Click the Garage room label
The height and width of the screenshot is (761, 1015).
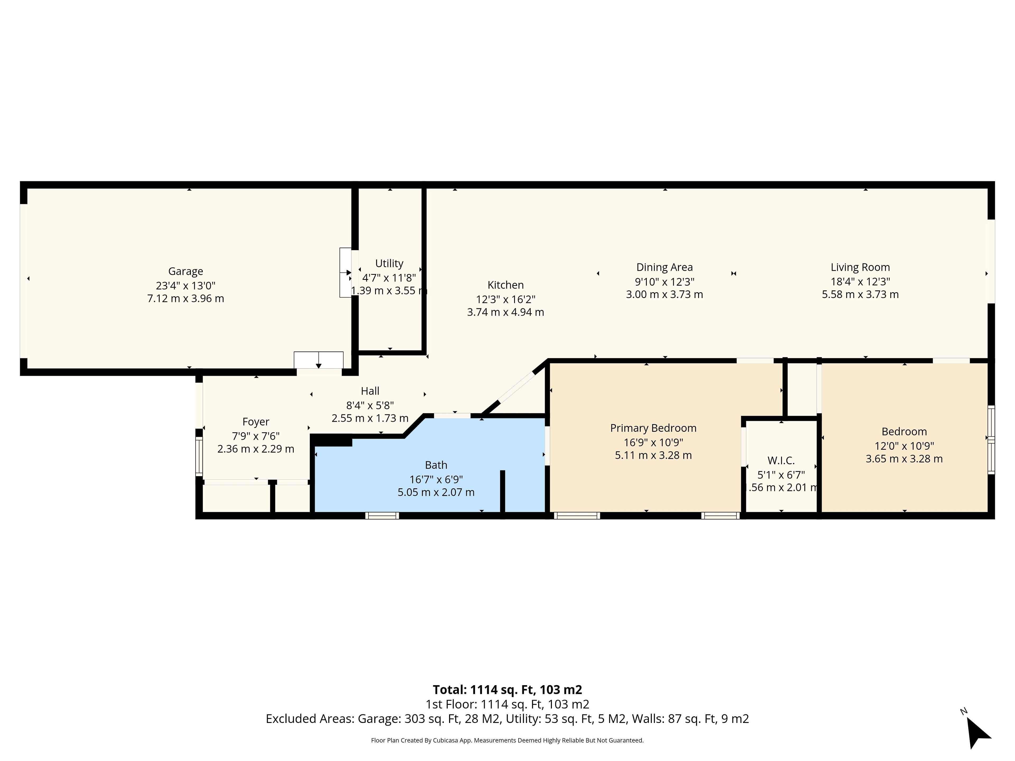tap(185, 271)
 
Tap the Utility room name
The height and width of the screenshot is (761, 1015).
tap(389, 263)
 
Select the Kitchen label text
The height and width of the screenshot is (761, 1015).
tap(505, 285)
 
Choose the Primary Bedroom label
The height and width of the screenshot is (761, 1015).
tap(653, 428)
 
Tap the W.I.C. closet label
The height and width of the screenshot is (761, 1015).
tap(781, 460)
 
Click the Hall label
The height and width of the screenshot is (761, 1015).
tap(370, 391)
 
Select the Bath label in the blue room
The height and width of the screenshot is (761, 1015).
tap(436, 465)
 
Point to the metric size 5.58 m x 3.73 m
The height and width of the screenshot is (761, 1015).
tap(860, 295)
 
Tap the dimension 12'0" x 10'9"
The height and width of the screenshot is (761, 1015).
tap(904, 446)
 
